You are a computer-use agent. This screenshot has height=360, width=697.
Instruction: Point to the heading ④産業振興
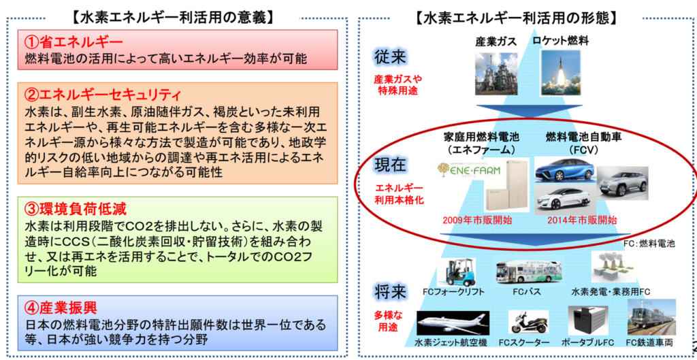(60, 307)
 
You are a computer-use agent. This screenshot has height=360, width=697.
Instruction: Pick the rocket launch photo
(561, 72)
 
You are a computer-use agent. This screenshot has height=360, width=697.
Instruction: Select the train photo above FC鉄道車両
(651, 317)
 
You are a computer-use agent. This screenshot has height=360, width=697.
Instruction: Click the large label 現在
(390, 166)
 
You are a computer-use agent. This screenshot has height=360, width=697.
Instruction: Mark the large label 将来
(390, 293)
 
